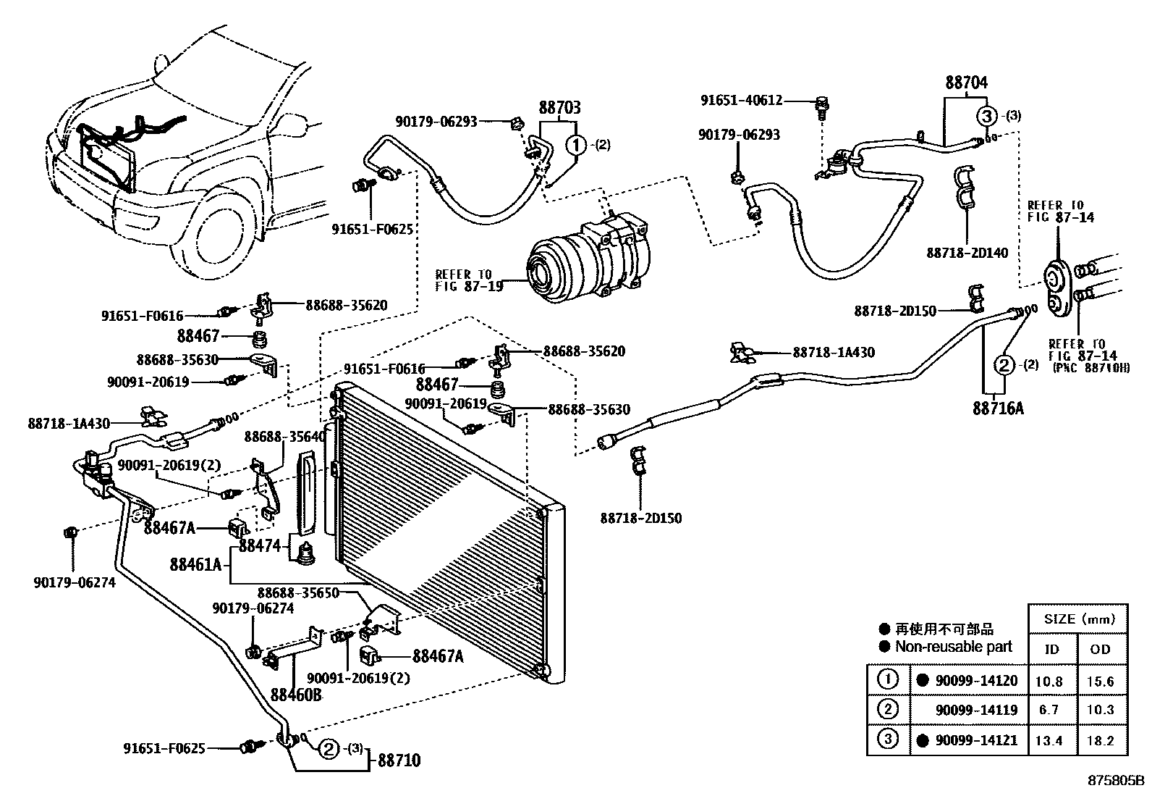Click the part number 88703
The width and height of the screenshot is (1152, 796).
coord(559,109)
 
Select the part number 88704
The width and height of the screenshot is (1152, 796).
coord(965,83)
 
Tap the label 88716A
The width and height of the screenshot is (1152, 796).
coord(998,409)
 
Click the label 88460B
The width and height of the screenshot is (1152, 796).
coord(296,695)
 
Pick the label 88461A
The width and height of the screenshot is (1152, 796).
coord(196,564)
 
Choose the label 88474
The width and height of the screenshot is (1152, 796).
coord(259,546)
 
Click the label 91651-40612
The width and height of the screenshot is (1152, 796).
coord(741,101)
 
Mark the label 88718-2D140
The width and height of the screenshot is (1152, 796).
coord(967,253)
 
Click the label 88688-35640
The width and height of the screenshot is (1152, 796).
coord(285,437)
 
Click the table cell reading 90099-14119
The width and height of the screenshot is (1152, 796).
coord(976,711)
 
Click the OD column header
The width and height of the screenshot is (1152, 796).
coord(1100,650)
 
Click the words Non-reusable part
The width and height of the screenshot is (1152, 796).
coord(953,647)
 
